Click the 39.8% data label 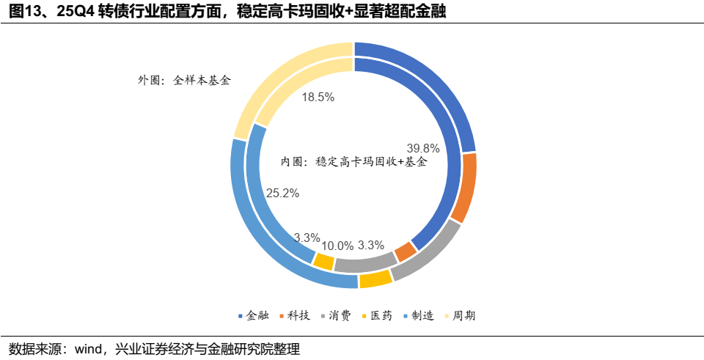coord(423,148)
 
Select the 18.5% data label coord(318,98)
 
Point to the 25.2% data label coord(283,194)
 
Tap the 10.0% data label coord(337,246)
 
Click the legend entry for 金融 coord(254,315)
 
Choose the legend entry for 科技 coord(295,315)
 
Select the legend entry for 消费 coord(336,315)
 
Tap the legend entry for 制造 coord(419,315)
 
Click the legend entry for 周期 coord(461,315)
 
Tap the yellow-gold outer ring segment coord(375,279)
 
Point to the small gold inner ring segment coord(323,261)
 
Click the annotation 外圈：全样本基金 coord(184,81)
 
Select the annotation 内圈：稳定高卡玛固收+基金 coord(353,161)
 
